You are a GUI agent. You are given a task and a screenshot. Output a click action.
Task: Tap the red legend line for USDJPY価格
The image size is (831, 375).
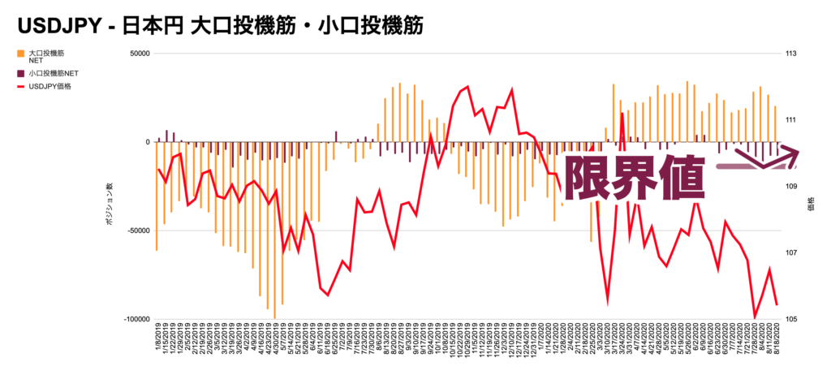(20, 86)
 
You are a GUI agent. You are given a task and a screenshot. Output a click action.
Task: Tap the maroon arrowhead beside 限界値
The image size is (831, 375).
(783, 159)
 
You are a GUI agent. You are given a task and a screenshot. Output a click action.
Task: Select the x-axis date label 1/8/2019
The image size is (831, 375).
(157, 340)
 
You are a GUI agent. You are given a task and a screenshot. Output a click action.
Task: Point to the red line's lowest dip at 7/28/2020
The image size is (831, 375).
(755, 317)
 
